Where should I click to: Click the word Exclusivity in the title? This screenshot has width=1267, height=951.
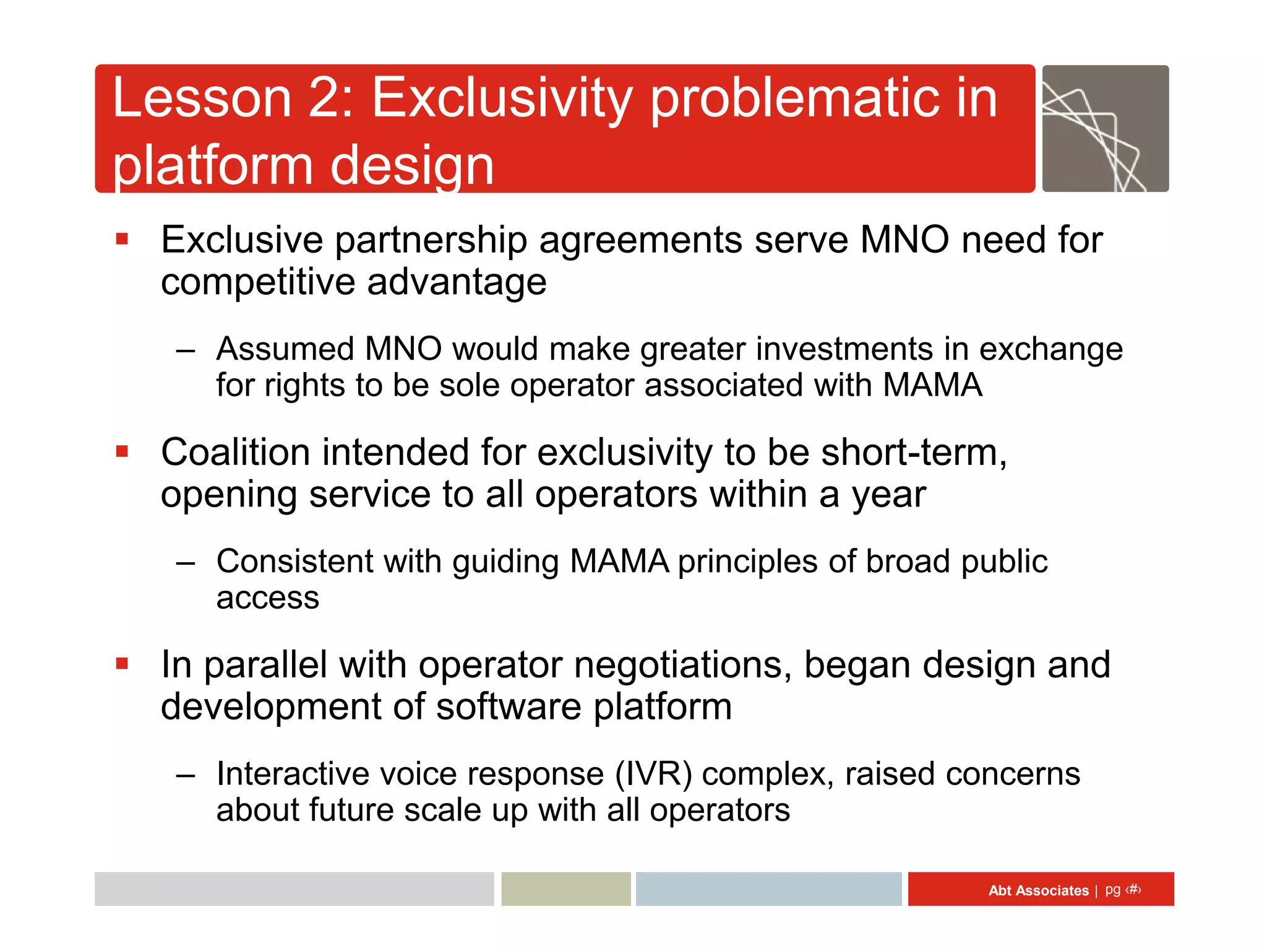pos(502,98)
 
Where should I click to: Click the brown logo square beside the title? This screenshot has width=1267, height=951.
pos(1105,129)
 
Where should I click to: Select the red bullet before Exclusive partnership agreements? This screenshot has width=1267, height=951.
pos(122,239)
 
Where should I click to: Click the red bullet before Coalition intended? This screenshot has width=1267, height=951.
pos(122,451)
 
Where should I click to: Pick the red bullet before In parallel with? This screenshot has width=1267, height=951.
pos(122,664)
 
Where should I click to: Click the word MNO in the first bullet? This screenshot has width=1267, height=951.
pos(904,240)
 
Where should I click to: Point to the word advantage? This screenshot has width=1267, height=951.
pos(457,282)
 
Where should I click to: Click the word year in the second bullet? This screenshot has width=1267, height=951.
pos(888,496)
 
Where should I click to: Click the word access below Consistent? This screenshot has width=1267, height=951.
pos(267,598)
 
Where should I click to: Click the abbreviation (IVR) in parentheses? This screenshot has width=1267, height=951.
pos(653,775)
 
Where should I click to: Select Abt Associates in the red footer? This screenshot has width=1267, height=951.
pos(1037,890)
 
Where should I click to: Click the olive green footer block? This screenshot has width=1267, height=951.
pos(565,889)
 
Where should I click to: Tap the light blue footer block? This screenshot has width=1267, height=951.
pos(768,889)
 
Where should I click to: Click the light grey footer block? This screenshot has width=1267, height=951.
pos(294,889)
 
